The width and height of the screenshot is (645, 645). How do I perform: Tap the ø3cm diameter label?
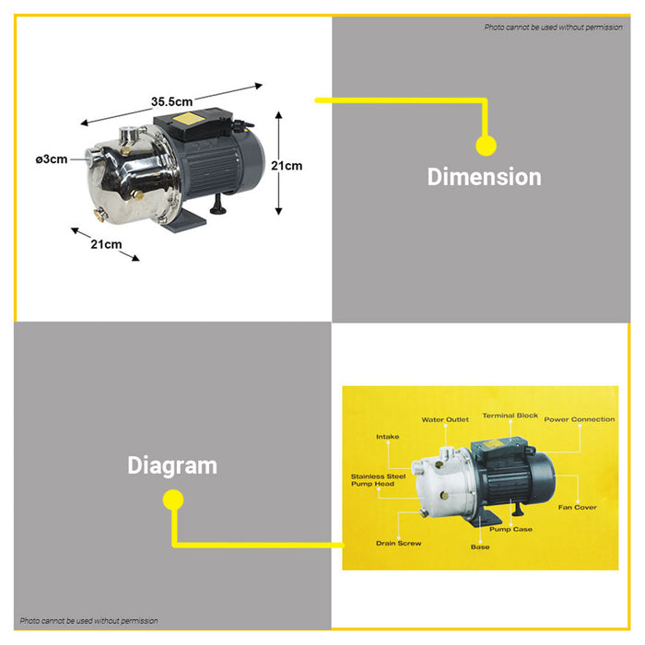click(x=52, y=159)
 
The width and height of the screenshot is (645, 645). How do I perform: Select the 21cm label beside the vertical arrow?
click(x=287, y=166)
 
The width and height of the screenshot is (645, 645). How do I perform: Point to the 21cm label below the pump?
click(x=106, y=244)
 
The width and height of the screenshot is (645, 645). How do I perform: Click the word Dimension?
click(x=484, y=177)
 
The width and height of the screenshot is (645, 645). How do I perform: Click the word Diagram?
click(x=172, y=465)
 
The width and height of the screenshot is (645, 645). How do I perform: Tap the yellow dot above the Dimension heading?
click(x=486, y=145)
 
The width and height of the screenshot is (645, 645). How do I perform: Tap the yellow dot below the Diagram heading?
click(x=172, y=499)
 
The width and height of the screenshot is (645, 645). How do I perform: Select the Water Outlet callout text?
click(x=445, y=420)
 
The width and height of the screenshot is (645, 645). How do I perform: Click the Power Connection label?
click(x=579, y=420)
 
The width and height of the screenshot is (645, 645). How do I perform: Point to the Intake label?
click(x=387, y=437)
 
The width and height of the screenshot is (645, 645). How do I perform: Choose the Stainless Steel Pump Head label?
click(x=373, y=480)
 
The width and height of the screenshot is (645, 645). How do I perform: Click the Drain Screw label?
click(x=398, y=543)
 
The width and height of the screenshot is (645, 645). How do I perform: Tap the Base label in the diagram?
click(x=480, y=547)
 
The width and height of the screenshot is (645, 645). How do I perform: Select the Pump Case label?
click(x=510, y=530)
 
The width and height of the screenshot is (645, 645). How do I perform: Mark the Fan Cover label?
click(x=577, y=507)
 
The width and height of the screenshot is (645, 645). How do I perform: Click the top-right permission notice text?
click(x=554, y=28)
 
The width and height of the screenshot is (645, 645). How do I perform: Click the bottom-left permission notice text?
click(x=88, y=621)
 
